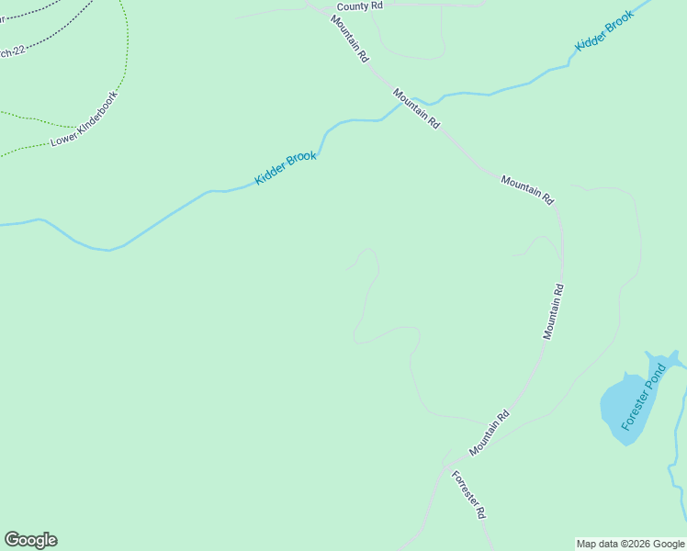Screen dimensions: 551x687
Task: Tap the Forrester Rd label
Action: tap(467, 495)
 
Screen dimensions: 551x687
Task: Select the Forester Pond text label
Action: tap(642, 398)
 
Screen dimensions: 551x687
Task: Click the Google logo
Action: tap(30, 540)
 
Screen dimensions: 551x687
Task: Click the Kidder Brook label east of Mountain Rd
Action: tap(605, 32)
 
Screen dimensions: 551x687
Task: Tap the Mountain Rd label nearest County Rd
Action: tap(350, 39)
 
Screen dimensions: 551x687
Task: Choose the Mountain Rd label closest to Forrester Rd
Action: tap(489, 433)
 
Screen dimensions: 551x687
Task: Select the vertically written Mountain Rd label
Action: tap(553, 312)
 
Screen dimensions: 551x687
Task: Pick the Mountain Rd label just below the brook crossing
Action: tap(417, 107)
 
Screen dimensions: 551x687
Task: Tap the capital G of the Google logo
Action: tap(12, 539)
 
